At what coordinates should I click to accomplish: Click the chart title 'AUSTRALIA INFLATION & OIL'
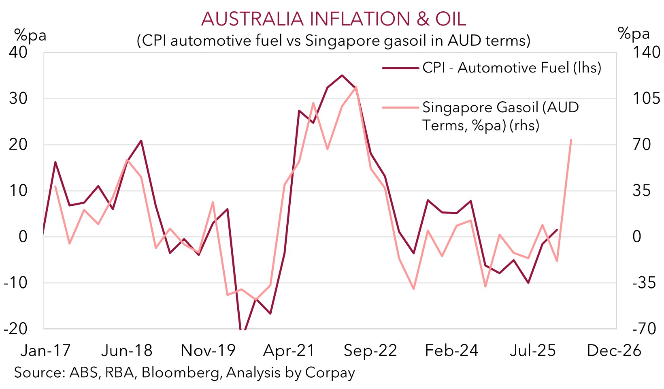coord(333,19)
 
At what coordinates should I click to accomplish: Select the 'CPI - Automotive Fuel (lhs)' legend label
coord(512,68)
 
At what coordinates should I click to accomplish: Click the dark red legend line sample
coord(400,68)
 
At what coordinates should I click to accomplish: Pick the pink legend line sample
coord(400,108)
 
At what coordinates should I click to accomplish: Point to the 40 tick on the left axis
coord(18,52)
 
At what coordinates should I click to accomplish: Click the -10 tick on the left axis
coord(15,283)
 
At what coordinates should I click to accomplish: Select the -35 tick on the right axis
coord(644,283)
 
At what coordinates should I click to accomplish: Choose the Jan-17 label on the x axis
coord(45,351)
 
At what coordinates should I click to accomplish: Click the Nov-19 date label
coord(208,351)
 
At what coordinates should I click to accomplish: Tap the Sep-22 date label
coord(370,351)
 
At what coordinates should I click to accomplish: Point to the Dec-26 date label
coord(614,351)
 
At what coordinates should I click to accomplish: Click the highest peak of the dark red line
coord(342,75)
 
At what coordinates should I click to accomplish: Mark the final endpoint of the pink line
coord(571,140)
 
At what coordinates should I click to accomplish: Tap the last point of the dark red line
coord(557,230)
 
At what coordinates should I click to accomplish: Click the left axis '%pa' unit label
coord(30,36)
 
